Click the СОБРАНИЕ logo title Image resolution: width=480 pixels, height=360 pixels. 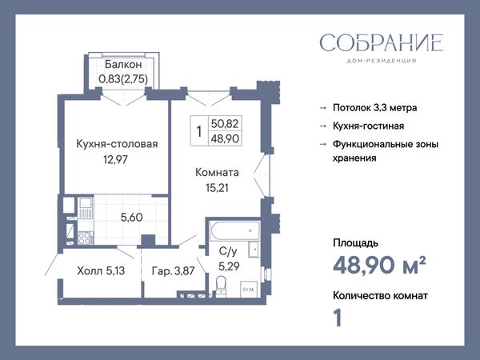pos(381,42)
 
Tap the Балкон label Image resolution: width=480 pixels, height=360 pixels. pos(123,64)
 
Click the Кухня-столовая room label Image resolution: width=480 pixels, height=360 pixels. pos(117,144)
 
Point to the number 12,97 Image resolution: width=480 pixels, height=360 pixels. pos(115,159)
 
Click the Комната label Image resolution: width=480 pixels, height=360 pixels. pos(217,172)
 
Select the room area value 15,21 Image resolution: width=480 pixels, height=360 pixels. pos(217,188)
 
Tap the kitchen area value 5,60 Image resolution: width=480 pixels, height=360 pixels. pos(132,218)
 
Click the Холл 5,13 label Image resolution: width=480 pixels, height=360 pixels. pos(101,270)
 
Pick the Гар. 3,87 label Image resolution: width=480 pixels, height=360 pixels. pos(174,270)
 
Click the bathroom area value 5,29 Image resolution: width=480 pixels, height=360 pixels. pos(229,266)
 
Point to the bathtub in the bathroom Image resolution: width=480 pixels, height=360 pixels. pos(235,230)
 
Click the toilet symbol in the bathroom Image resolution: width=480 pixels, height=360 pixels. pos(221,286)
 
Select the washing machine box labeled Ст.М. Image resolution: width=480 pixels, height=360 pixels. pos(249,290)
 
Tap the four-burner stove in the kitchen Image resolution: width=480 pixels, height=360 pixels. pos(86,238)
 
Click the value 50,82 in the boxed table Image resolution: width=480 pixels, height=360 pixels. pos(225,123)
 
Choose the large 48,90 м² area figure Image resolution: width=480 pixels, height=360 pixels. pos(379,265)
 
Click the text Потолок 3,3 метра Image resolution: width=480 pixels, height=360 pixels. pos(375,108)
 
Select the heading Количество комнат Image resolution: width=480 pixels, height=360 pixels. pos(380,296)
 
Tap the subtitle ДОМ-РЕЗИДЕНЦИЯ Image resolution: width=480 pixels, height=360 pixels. pos(382,61)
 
